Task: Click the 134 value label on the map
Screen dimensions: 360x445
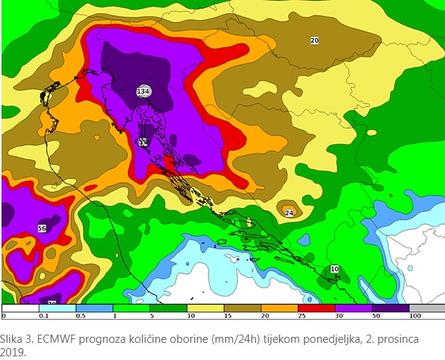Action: (143, 91)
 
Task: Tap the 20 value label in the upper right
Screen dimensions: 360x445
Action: (314, 40)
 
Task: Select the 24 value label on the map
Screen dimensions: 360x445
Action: (289, 212)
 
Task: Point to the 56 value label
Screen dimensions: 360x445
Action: (42, 229)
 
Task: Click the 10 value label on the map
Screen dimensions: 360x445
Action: (334, 269)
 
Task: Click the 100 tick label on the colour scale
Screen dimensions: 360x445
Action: (416, 317)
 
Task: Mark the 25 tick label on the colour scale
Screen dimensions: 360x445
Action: (299, 317)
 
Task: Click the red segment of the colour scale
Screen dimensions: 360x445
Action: (317, 308)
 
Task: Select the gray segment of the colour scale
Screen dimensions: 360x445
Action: (427, 308)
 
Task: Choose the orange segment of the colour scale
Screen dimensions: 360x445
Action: (280, 308)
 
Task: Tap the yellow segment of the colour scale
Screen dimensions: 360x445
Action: (206, 308)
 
